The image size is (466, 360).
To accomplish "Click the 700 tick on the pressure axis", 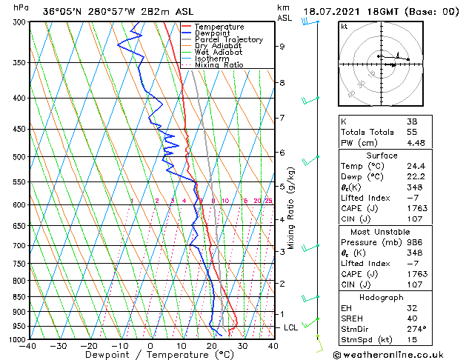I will coord(19,245).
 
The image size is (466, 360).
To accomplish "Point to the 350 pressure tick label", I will coord(19,63).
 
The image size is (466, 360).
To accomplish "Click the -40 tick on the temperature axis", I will coord(28,345).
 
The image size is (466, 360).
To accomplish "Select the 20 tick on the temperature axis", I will coord(212,345).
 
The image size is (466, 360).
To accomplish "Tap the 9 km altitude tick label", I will coord(282,47).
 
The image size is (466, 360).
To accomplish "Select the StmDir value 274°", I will coord(415,329).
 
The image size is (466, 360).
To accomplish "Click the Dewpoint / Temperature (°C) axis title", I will coord(149,355).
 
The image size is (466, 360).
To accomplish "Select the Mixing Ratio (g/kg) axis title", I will coord(292,207).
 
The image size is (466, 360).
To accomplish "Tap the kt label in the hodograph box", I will coord(344,27).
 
